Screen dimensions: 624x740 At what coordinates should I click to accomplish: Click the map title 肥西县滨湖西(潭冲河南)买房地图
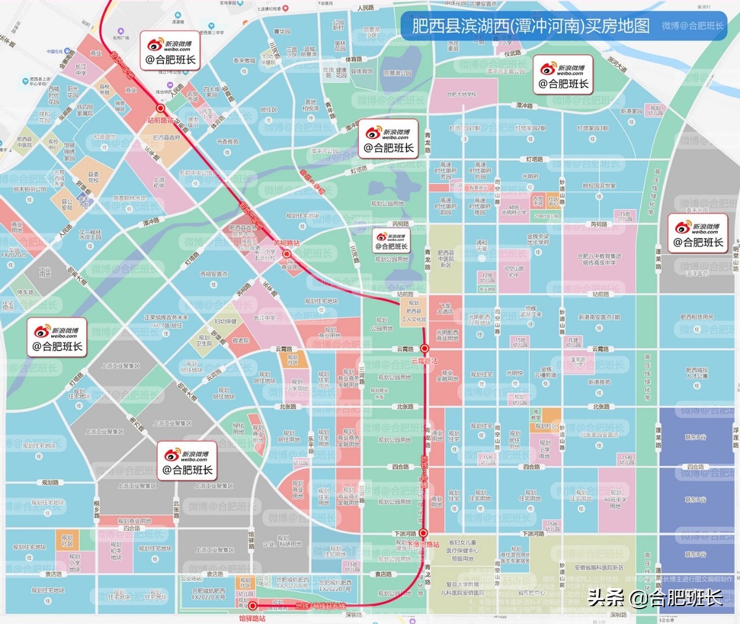pyautogui.click(x=530, y=26)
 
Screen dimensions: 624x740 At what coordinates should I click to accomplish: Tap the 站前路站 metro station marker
pyautogui.click(x=161, y=108)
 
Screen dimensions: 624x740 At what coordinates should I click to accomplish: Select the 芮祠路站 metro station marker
pyautogui.click(x=287, y=254)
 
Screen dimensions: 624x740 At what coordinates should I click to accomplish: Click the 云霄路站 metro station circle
pyautogui.click(x=424, y=349)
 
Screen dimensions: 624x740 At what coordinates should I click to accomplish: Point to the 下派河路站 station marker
pyautogui.click(x=423, y=533)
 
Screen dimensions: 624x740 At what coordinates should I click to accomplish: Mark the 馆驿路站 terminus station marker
pyautogui.click(x=252, y=606)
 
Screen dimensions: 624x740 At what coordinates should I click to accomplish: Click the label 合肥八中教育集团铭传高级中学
pyautogui.click(x=599, y=259)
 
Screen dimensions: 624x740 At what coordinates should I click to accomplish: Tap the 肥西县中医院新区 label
pyautogui.click(x=445, y=259)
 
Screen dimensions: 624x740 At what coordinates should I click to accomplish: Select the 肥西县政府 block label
pyautogui.click(x=166, y=138)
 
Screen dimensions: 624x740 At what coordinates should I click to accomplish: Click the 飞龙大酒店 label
pyautogui.click(x=445, y=309)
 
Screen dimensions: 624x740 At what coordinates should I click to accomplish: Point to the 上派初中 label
pyautogui.click(x=159, y=183)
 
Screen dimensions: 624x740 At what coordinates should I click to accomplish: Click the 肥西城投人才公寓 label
pyautogui.click(x=697, y=373)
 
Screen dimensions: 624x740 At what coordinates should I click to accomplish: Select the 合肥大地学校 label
pyautogui.click(x=462, y=94)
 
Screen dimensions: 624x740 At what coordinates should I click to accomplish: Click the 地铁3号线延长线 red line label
pyautogui.click(x=321, y=606)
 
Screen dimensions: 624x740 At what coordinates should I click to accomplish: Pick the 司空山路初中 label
pyautogui.click(x=514, y=272)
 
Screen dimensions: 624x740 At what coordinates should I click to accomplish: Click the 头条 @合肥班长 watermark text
pyautogui.click(x=656, y=597)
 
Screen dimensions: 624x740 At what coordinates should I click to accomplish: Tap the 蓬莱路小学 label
pyautogui.click(x=578, y=362)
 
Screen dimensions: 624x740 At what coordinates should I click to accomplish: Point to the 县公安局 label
pyautogui.click(x=67, y=204)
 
